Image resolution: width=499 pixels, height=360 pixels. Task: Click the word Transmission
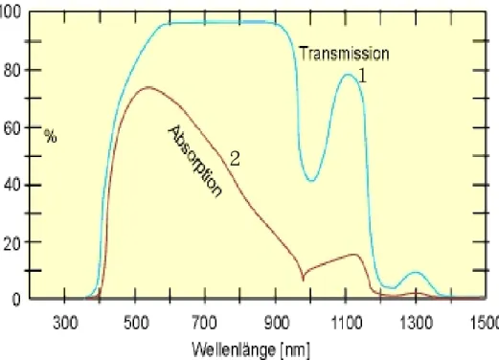point(345,54)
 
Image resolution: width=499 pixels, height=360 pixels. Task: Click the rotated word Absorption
point(195,162)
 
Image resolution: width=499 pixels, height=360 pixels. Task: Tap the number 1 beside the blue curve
point(363,76)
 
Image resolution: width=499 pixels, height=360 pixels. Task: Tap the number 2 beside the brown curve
point(235,158)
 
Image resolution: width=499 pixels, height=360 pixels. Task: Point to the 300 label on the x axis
point(65,323)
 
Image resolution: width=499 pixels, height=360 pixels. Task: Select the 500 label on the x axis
point(136,323)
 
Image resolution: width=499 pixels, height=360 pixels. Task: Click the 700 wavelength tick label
point(205,323)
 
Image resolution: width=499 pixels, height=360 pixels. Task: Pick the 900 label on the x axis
point(277,323)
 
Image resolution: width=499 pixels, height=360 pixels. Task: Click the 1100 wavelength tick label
point(347,323)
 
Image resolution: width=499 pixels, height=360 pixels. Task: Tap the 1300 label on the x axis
point(417,323)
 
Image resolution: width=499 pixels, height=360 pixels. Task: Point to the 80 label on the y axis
point(12,70)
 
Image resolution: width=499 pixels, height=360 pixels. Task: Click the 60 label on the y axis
point(12,127)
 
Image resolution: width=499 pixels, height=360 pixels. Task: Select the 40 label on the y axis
point(12,185)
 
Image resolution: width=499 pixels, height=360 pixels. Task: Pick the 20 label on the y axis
point(12,242)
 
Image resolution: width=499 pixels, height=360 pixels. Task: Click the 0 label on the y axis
point(16,300)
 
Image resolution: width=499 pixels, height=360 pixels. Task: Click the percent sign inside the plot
point(51,136)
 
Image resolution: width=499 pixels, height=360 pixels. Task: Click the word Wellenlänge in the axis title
point(234,349)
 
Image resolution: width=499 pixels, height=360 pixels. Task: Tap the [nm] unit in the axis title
point(295,350)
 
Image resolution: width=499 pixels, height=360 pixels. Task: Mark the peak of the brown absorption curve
point(148,87)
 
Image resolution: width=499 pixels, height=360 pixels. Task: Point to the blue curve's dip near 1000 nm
point(311,181)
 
